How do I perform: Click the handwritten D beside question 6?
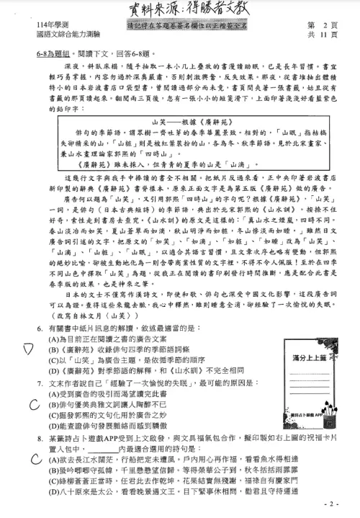point(27,349)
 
